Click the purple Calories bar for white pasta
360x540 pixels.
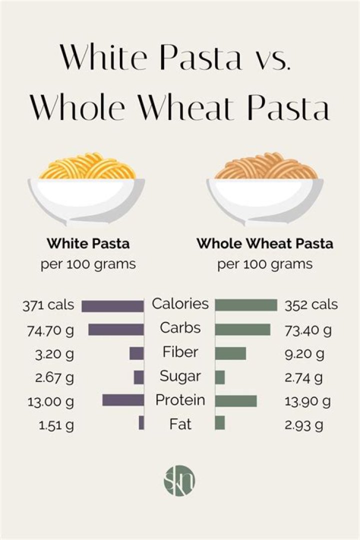[x=112, y=305]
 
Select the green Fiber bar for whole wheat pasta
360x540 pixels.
[x=230, y=353]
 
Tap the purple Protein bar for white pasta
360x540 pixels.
[x=123, y=400]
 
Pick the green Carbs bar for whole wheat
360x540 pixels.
[x=242, y=329]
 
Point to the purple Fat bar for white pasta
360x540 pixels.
[x=141, y=423]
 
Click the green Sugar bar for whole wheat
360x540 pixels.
[x=220, y=377]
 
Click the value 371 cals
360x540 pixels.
[x=48, y=305]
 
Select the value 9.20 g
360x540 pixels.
[x=304, y=354]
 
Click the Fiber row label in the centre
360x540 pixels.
[x=180, y=352]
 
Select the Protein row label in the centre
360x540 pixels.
[x=180, y=400]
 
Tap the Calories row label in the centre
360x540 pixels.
[x=180, y=303]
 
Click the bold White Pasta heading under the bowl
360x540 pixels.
[x=88, y=244]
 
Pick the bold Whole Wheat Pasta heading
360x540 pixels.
[x=265, y=244]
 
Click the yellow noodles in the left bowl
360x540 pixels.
[x=87, y=168]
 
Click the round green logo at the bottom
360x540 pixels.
[x=179, y=481]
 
